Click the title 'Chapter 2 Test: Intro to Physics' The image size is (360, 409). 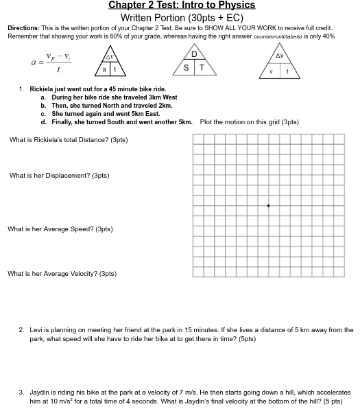(182, 5)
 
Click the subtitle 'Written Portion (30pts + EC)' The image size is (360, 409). (182, 17)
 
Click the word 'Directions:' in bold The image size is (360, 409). (23, 28)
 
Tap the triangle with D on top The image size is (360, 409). (194, 62)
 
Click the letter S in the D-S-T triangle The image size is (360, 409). (187, 68)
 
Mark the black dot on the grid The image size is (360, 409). (268, 205)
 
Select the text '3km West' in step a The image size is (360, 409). (163, 97)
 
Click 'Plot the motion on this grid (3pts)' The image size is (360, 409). (249, 122)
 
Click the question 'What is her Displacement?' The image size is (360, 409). (59, 176)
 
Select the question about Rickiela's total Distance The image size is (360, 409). (69, 140)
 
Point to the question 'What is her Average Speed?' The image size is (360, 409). (60, 229)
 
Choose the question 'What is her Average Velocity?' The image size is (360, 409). (62, 274)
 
